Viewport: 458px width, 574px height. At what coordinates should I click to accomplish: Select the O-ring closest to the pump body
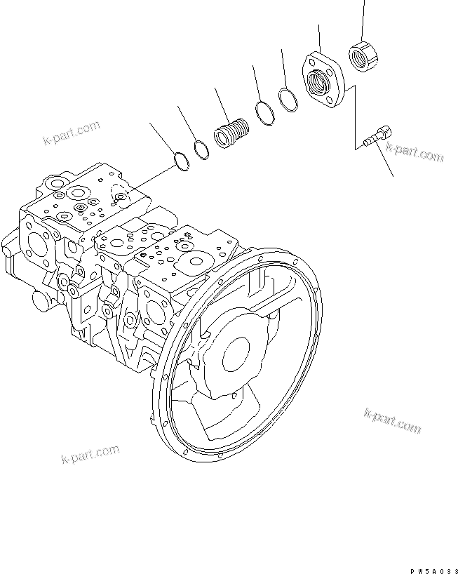(x=181, y=162)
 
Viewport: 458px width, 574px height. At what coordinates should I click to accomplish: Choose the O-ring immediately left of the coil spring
(x=201, y=149)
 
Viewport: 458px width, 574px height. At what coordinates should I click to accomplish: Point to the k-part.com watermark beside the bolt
(x=416, y=153)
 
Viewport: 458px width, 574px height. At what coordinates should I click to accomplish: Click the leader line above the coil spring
(x=222, y=106)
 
